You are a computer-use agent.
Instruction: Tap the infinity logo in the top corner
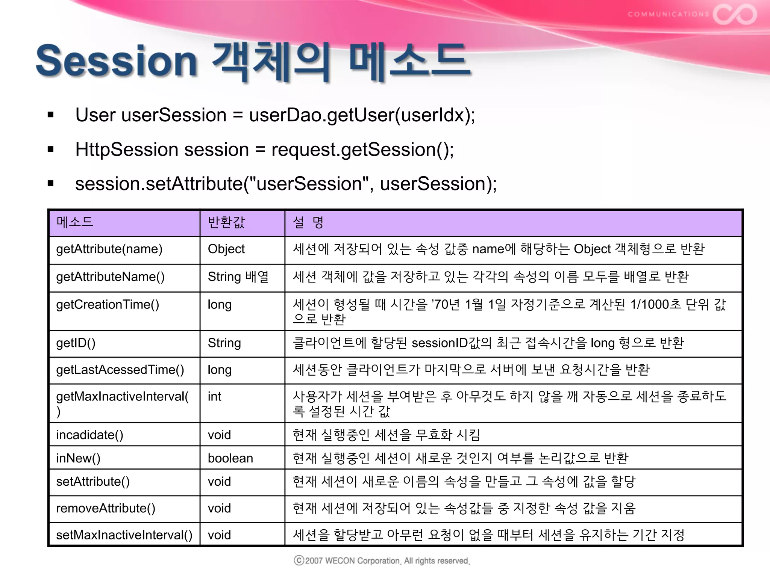(735, 14)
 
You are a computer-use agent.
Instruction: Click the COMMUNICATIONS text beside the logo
(668, 14)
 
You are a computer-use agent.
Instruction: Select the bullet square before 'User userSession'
(51, 115)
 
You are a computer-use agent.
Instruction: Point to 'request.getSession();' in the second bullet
(362, 150)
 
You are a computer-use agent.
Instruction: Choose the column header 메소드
(75, 222)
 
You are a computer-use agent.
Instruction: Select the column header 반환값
(226, 222)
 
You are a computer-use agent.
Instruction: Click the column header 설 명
(308, 222)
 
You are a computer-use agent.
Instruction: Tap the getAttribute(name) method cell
(109, 249)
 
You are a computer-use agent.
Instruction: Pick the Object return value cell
(226, 249)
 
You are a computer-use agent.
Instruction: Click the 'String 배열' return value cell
(238, 277)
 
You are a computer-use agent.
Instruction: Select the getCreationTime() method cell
(108, 305)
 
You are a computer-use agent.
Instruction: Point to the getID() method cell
(76, 343)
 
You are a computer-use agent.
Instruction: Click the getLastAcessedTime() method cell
(120, 370)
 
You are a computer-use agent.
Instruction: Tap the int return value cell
(214, 397)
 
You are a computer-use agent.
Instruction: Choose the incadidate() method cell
(89, 435)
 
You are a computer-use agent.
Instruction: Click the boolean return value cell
(230, 458)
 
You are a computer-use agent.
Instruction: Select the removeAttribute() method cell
(106, 508)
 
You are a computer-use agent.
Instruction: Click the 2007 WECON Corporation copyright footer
(382, 561)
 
